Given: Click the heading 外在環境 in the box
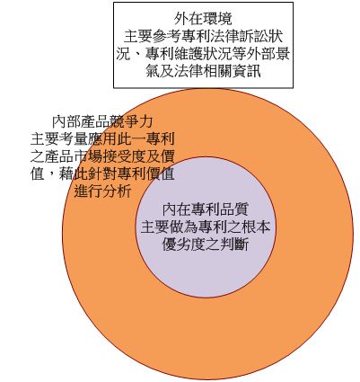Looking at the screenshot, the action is (203, 19).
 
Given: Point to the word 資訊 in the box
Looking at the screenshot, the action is (246, 72).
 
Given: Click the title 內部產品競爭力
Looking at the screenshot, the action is (102, 121).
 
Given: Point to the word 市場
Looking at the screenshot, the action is (88, 156).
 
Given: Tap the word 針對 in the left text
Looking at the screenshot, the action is (102, 174).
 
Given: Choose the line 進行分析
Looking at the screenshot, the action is (102, 191).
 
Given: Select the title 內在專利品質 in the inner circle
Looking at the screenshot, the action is (206, 209).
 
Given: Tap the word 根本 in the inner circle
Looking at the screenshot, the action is (256, 227).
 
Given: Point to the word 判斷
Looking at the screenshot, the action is (234, 244).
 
